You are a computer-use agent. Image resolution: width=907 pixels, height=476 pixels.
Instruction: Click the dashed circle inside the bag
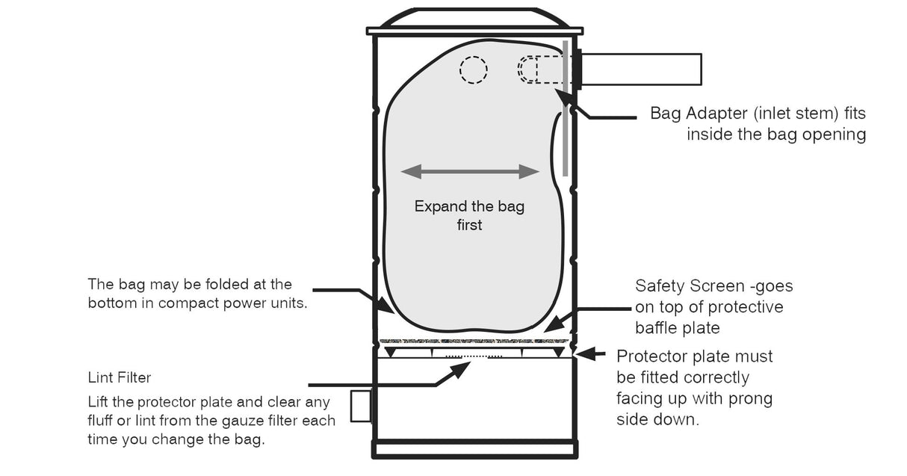(x=473, y=70)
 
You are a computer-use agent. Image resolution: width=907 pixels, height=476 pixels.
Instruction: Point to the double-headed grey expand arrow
(x=470, y=172)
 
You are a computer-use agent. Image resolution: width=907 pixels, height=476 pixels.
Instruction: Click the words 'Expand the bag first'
(x=469, y=215)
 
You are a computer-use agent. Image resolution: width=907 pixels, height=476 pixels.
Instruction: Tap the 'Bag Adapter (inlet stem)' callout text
(x=758, y=114)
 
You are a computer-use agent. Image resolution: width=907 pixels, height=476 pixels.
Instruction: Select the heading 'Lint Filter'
(x=120, y=378)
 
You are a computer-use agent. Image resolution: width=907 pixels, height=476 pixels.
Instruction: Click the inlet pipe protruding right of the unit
(x=641, y=69)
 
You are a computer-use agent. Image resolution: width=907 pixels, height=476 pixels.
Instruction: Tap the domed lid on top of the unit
(x=474, y=18)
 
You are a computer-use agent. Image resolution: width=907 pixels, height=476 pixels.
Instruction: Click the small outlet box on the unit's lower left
(x=361, y=406)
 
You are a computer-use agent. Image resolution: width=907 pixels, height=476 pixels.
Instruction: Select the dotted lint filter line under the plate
(x=474, y=357)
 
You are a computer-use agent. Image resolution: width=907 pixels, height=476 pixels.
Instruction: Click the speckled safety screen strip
(x=474, y=341)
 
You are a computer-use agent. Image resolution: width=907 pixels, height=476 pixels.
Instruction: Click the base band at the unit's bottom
(x=474, y=448)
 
